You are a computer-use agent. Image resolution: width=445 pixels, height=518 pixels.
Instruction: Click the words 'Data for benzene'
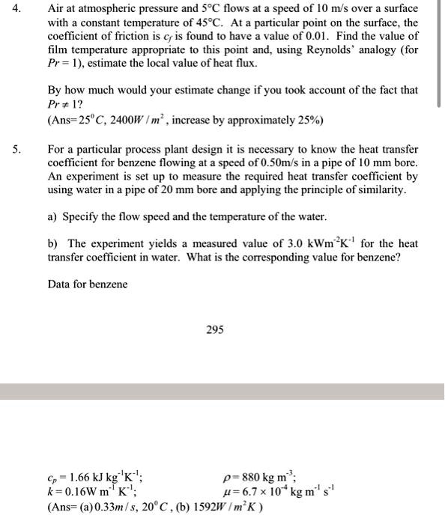point(87,284)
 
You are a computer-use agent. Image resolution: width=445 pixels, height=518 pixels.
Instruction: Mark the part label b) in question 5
point(53,245)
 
